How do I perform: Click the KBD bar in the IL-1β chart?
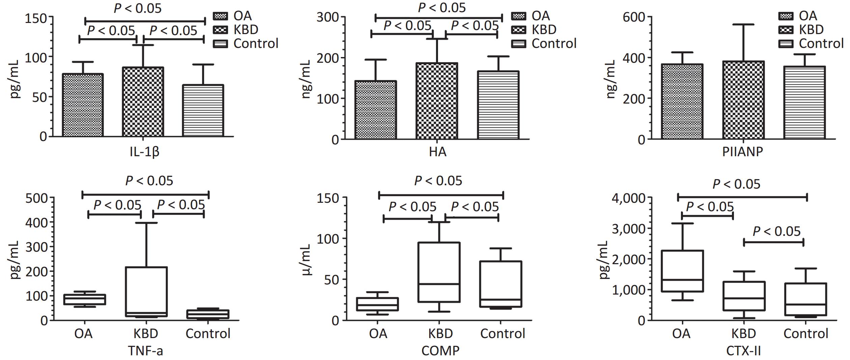pyautogui.click(x=143, y=102)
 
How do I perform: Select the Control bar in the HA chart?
pyautogui.click(x=498, y=105)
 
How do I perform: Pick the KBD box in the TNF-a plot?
pyautogui.click(x=146, y=292)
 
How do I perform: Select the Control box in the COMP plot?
pyautogui.click(x=500, y=284)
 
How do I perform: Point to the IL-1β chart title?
pyautogui.click(x=144, y=152)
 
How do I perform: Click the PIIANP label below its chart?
pyautogui.click(x=742, y=152)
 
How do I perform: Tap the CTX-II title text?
pyautogui.click(x=743, y=351)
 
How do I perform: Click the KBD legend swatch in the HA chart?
pyautogui.click(x=518, y=30)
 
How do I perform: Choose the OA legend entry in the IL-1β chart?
pyautogui.click(x=242, y=16)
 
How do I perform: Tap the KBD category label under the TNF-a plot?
pyautogui.click(x=146, y=334)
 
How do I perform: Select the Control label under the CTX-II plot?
pyautogui.click(x=806, y=334)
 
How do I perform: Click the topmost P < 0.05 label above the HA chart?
pyautogui.click(x=442, y=8)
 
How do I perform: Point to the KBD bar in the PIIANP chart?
pyautogui.click(x=743, y=100)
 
